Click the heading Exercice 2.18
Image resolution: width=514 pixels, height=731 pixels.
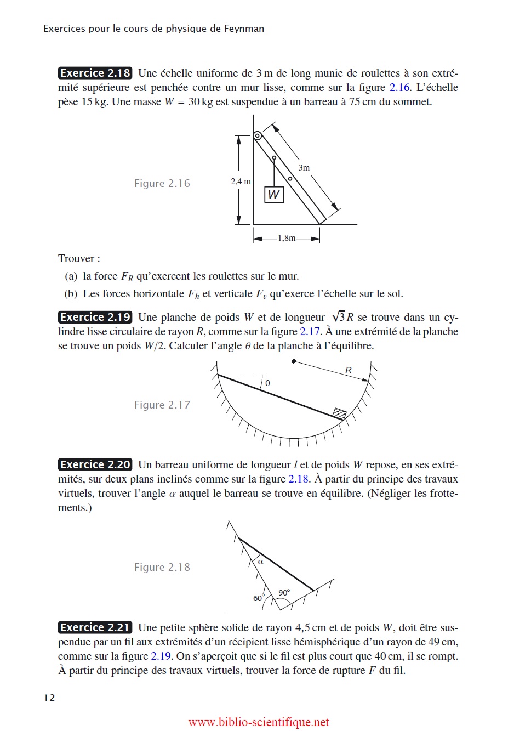tap(95, 73)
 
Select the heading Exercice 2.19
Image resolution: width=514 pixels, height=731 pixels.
tap(95, 317)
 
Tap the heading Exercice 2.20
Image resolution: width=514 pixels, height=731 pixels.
tap(95, 464)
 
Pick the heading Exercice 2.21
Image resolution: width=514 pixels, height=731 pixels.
tap(95, 627)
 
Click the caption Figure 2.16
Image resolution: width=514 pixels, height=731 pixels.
tap(162, 184)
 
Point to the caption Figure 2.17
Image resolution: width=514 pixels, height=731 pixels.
tap(162, 405)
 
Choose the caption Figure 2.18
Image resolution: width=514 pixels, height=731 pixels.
tap(162, 568)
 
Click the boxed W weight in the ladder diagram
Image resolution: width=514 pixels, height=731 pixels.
tap(274, 194)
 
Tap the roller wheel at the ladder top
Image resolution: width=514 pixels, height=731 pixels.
tap(258, 136)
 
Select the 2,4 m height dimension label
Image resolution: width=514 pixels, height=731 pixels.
tap(241, 182)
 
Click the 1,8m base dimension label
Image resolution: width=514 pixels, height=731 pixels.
tap(287, 238)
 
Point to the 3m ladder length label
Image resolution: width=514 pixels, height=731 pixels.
tap(304, 168)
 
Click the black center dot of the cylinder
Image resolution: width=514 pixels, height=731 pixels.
tap(294, 361)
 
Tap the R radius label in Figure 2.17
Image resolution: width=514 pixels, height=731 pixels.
tap(349, 370)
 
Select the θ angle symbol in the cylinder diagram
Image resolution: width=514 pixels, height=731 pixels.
tap(267, 383)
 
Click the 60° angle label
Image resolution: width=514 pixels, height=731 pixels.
tap(259, 598)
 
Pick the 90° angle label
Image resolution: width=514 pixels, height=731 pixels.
tap(284, 593)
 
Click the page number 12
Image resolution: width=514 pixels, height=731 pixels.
tap(49, 698)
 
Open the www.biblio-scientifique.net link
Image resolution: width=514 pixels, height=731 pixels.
tap(259, 722)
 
